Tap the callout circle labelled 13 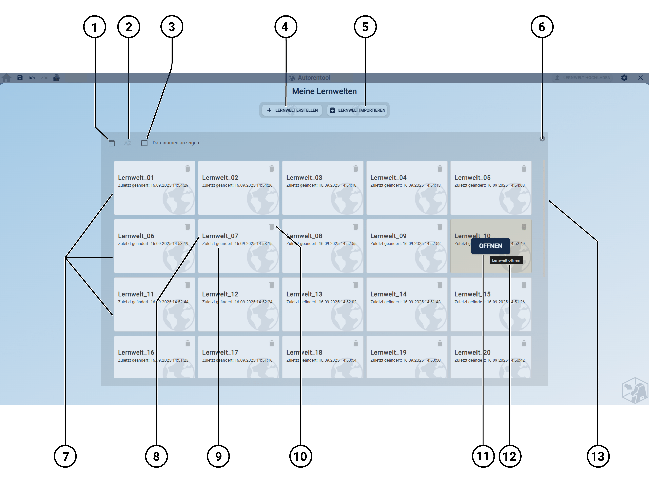click(598, 456)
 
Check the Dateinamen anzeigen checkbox click(145, 143)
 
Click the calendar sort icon click(111, 143)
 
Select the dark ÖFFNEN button click(490, 246)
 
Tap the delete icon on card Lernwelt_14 click(439, 285)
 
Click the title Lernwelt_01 click(136, 178)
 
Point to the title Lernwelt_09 click(388, 236)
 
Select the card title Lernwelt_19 click(388, 352)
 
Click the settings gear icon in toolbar click(624, 78)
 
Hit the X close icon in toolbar click(640, 78)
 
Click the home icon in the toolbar click(6, 78)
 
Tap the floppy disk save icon click(20, 78)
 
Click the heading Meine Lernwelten click(324, 91)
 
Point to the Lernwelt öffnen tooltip click(506, 260)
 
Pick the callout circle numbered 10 click(300, 456)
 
